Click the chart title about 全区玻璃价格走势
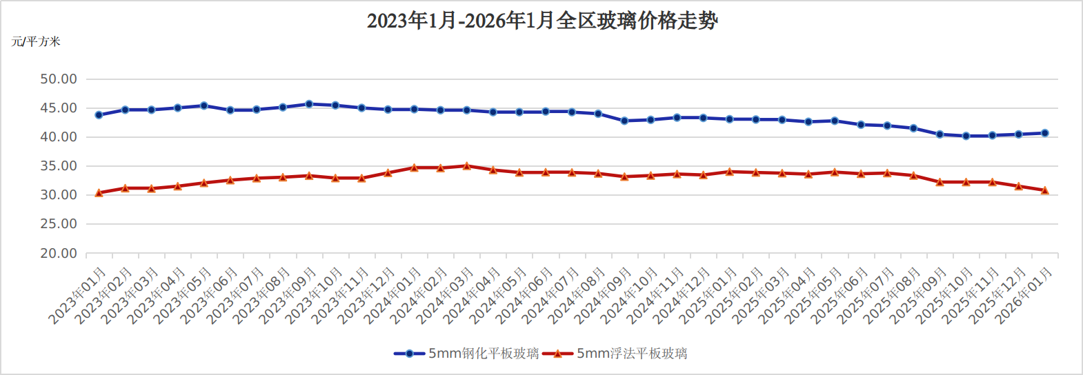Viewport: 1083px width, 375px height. (x=541, y=21)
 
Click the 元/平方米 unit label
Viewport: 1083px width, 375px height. (x=36, y=41)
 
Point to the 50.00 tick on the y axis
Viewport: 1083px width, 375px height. (x=59, y=79)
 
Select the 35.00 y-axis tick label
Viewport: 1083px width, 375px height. (x=59, y=166)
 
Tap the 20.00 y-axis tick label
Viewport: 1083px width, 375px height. (x=59, y=253)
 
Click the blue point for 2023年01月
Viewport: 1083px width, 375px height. (x=99, y=115)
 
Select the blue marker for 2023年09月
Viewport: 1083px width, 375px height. (x=309, y=104)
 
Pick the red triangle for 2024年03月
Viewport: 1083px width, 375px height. (x=467, y=165)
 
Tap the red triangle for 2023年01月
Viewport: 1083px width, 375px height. (x=99, y=193)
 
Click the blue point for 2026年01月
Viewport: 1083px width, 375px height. (x=1045, y=133)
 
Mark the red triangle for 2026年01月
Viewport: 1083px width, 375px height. (x=1045, y=190)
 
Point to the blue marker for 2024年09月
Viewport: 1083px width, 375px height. (x=624, y=121)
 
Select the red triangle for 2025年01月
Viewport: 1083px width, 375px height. (x=730, y=171)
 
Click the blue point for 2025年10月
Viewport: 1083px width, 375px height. (x=966, y=136)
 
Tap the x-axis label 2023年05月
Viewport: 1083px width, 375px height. (x=183, y=295)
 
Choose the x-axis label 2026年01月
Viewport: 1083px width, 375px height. (x=1024, y=295)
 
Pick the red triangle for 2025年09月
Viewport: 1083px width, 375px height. (x=940, y=182)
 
